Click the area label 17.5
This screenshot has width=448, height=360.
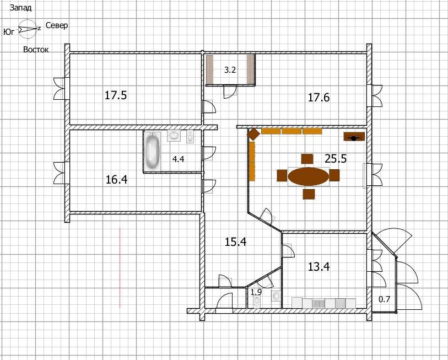[115, 95]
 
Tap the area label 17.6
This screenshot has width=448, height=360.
[319, 97]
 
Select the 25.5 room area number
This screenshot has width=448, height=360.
[336, 158]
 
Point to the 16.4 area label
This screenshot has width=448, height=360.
[117, 180]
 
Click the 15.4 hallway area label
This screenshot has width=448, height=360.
[235, 242]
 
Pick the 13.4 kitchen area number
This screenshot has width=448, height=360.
[319, 266]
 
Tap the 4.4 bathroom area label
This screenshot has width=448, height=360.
[178, 159]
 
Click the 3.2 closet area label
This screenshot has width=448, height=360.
[230, 70]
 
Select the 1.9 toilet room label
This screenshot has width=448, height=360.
[256, 292]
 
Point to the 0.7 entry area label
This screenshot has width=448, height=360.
[384, 299]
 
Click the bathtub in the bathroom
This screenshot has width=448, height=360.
[152, 151]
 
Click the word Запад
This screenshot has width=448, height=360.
[20, 8]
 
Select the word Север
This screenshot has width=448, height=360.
[57, 25]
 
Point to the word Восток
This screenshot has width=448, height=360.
[36, 50]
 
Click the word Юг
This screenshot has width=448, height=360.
[9, 32]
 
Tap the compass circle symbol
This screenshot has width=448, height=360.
[28, 19]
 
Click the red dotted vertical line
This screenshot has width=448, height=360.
[120, 267]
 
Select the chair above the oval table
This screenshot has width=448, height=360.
[307, 159]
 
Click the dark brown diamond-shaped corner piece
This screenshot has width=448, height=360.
[253, 134]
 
